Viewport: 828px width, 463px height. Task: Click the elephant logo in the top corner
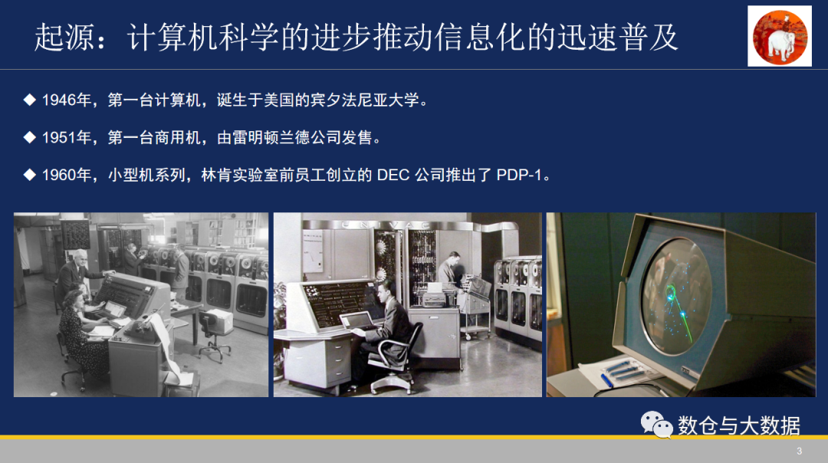tap(780, 36)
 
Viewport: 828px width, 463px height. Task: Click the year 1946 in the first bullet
tap(59, 100)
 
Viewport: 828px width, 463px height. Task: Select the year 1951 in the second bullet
tap(59, 138)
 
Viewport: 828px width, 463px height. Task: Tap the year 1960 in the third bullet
tap(59, 176)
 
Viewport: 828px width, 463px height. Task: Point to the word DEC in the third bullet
tap(393, 176)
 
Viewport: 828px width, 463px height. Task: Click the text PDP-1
tap(519, 176)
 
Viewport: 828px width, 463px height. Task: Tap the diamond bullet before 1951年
tap(30, 137)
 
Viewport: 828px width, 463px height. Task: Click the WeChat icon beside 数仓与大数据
tap(656, 425)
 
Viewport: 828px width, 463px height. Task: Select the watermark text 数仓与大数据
tap(739, 425)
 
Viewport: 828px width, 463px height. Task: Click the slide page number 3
tap(799, 452)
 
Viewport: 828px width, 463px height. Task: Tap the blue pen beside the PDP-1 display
tap(606, 380)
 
